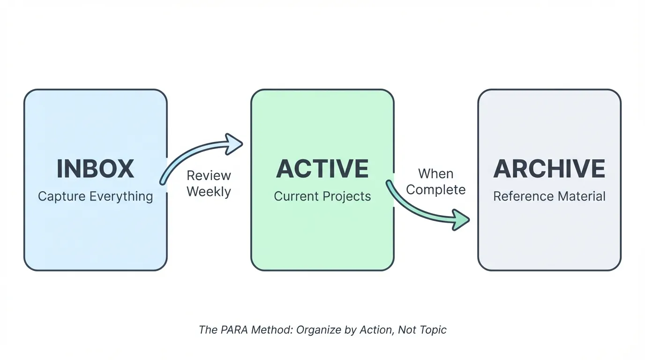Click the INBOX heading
[x=95, y=169]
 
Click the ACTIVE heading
[x=322, y=169]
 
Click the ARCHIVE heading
[x=549, y=169]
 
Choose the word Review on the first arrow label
[x=209, y=176]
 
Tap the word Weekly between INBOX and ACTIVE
[x=209, y=192]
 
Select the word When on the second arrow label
[x=435, y=174]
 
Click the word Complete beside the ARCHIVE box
[x=435, y=190]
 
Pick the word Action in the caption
[x=376, y=330]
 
